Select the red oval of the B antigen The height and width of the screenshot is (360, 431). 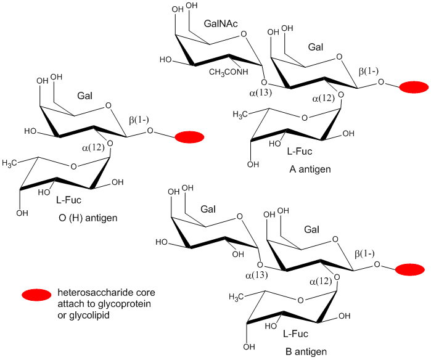(x=409, y=269)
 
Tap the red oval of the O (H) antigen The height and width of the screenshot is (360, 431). (x=189, y=137)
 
